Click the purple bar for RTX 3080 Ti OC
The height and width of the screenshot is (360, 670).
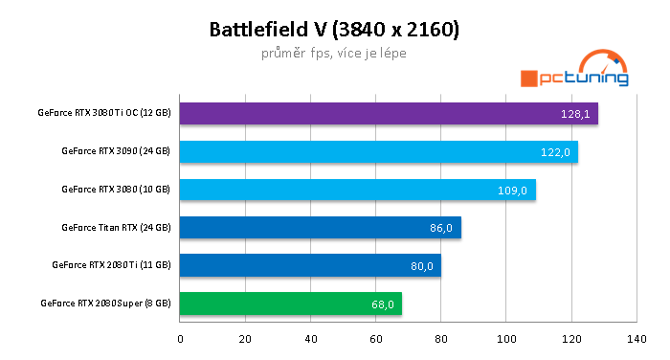pyautogui.click(x=383, y=114)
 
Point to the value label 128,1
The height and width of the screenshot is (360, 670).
pyautogui.click(x=574, y=115)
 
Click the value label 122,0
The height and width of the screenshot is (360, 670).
pyautogui.click(x=555, y=152)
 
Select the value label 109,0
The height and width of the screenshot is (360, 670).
pyautogui.click(x=513, y=191)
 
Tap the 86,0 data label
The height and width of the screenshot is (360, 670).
pyautogui.click(x=441, y=229)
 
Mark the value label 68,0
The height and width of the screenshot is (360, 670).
pyautogui.click(x=382, y=304)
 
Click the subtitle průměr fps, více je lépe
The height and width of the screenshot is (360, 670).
pyautogui.click(x=334, y=54)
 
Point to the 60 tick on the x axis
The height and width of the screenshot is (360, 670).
pyautogui.click(x=375, y=338)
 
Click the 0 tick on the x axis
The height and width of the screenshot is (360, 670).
pyautogui.click(x=180, y=338)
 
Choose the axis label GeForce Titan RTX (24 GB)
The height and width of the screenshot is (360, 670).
pyautogui.click(x=115, y=228)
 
